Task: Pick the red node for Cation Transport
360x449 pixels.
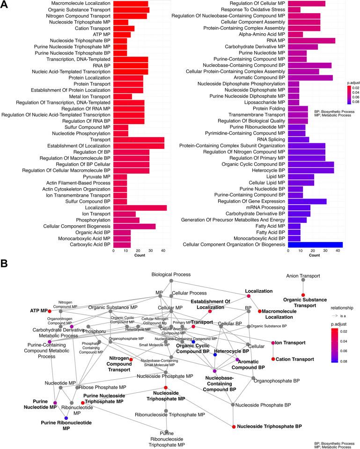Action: [273, 359]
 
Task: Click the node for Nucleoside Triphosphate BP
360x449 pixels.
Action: [233, 427]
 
